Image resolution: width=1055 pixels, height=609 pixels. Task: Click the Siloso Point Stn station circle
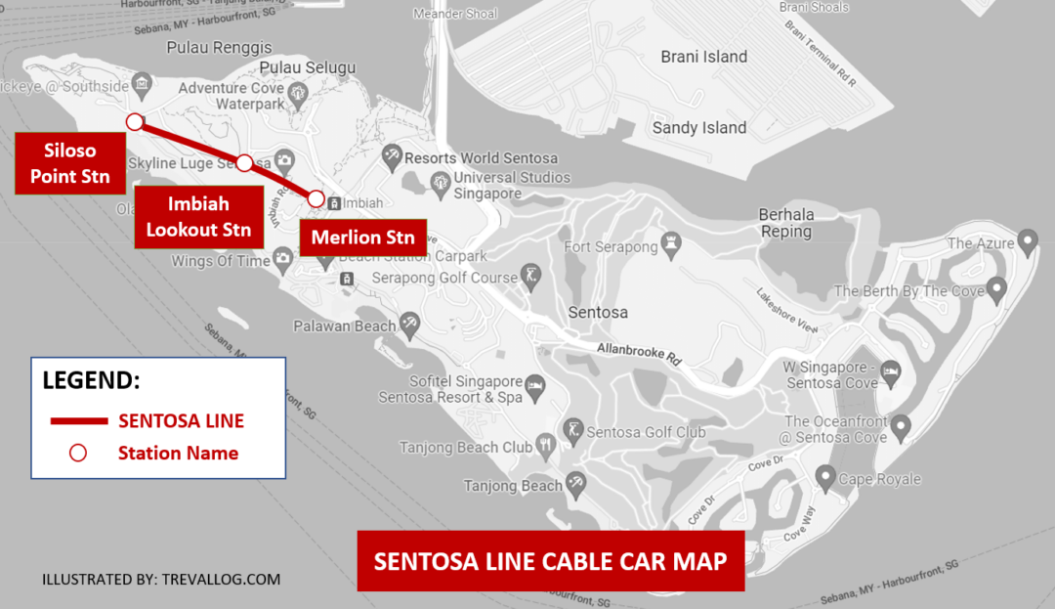pyautogui.click(x=135, y=121)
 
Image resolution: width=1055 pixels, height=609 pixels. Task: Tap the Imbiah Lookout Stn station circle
pyautogui.click(x=244, y=162)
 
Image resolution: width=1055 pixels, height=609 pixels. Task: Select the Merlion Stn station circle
pyautogui.click(x=316, y=198)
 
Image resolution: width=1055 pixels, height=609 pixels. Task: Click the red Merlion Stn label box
pyautogui.click(x=362, y=238)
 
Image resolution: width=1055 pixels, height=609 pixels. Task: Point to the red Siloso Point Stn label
pyautogui.click(x=69, y=164)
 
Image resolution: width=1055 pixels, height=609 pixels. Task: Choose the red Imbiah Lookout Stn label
pyautogui.click(x=198, y=217)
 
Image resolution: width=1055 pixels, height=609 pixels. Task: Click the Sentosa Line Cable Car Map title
pyautogui.click(x=550, y=562)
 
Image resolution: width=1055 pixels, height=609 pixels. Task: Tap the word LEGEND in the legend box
pyautogui.click(x=91, y=380)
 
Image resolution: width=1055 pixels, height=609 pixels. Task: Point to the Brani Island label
pyautogui.click(x=703, y=57)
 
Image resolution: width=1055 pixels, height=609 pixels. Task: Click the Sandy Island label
pyautogui.click(x=698, y=128)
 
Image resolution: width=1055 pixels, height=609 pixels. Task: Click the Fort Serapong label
pyautogui.click(x=611, y=247)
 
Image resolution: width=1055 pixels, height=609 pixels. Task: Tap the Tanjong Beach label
pyautogui.click(x=513, y=486)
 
